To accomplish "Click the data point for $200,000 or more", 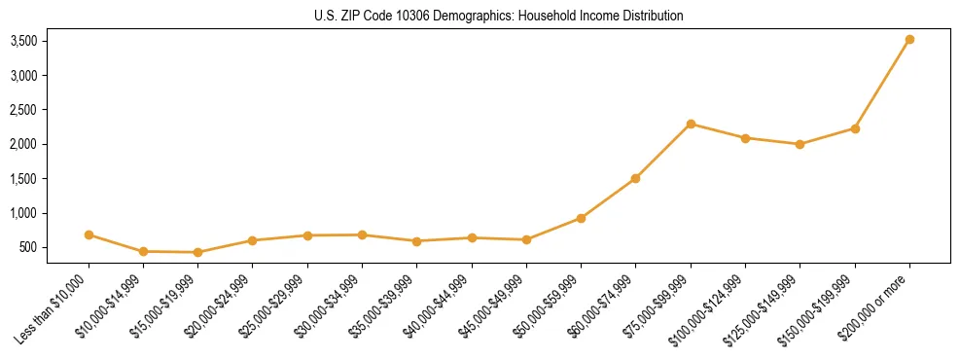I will point(909,40).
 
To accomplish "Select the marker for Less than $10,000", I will point(89,234).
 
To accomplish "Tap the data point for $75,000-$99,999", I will point(691,124).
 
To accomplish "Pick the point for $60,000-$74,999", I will point(635,178).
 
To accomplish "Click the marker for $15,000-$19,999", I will point(198,252).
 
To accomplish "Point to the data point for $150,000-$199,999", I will point(855,128).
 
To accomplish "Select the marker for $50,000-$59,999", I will point(581,218).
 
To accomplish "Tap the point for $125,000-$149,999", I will point(800,144).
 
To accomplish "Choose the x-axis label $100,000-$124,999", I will point(710,307).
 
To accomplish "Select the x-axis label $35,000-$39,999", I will point(381,306).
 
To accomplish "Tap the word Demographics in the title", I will point(452,17).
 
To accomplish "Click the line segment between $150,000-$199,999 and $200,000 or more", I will point(882,85).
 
